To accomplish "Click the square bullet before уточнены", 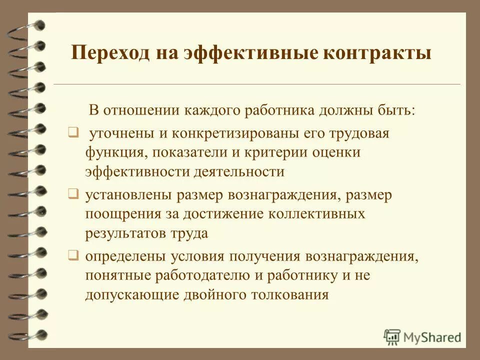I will pos(73,133).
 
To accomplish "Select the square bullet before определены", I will pos(73,256).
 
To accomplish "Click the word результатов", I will pos(123,233).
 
